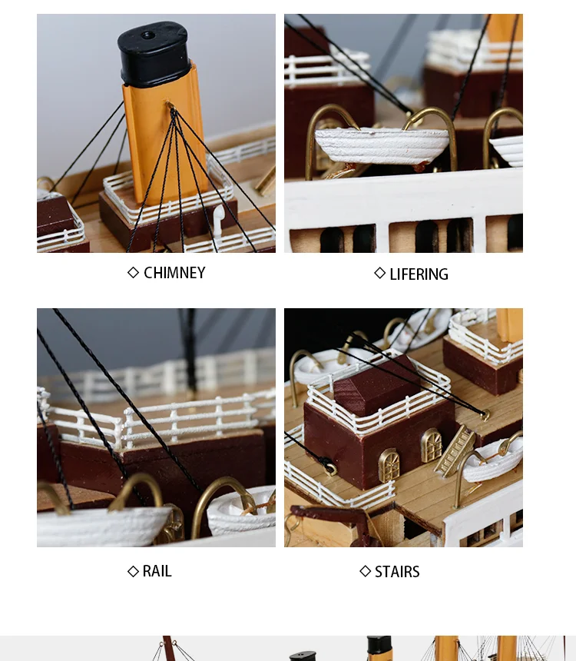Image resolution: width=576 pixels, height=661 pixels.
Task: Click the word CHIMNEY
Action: pos(174,273)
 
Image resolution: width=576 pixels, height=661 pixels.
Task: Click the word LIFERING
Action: pos(419,274)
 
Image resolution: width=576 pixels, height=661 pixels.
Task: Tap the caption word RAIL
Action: pos(157,571)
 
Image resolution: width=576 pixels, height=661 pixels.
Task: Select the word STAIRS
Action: pos(397,572)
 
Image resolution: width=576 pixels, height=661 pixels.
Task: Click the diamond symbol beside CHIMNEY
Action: pos(133,273)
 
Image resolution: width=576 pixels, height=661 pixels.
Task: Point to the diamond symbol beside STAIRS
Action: pos(366,571)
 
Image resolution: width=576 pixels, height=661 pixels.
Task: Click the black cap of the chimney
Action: pos(154,54)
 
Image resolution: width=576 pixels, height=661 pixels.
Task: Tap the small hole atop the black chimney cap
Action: pos(147,35)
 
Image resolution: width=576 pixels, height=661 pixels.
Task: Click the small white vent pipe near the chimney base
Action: pos(218,220)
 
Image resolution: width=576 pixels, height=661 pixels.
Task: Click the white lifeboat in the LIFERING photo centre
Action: pos(382,146)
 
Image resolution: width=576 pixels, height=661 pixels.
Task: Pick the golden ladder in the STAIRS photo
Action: pos(455,451)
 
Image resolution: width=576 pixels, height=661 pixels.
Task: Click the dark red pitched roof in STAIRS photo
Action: pos(377,386)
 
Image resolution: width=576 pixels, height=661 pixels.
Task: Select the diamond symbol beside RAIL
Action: pos(133,571)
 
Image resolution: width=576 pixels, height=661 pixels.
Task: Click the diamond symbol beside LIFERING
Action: pos(379,273)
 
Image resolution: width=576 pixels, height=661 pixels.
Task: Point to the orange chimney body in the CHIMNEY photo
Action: pos(164,135)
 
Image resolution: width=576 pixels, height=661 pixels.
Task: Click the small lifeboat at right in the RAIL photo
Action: pos(241,511)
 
